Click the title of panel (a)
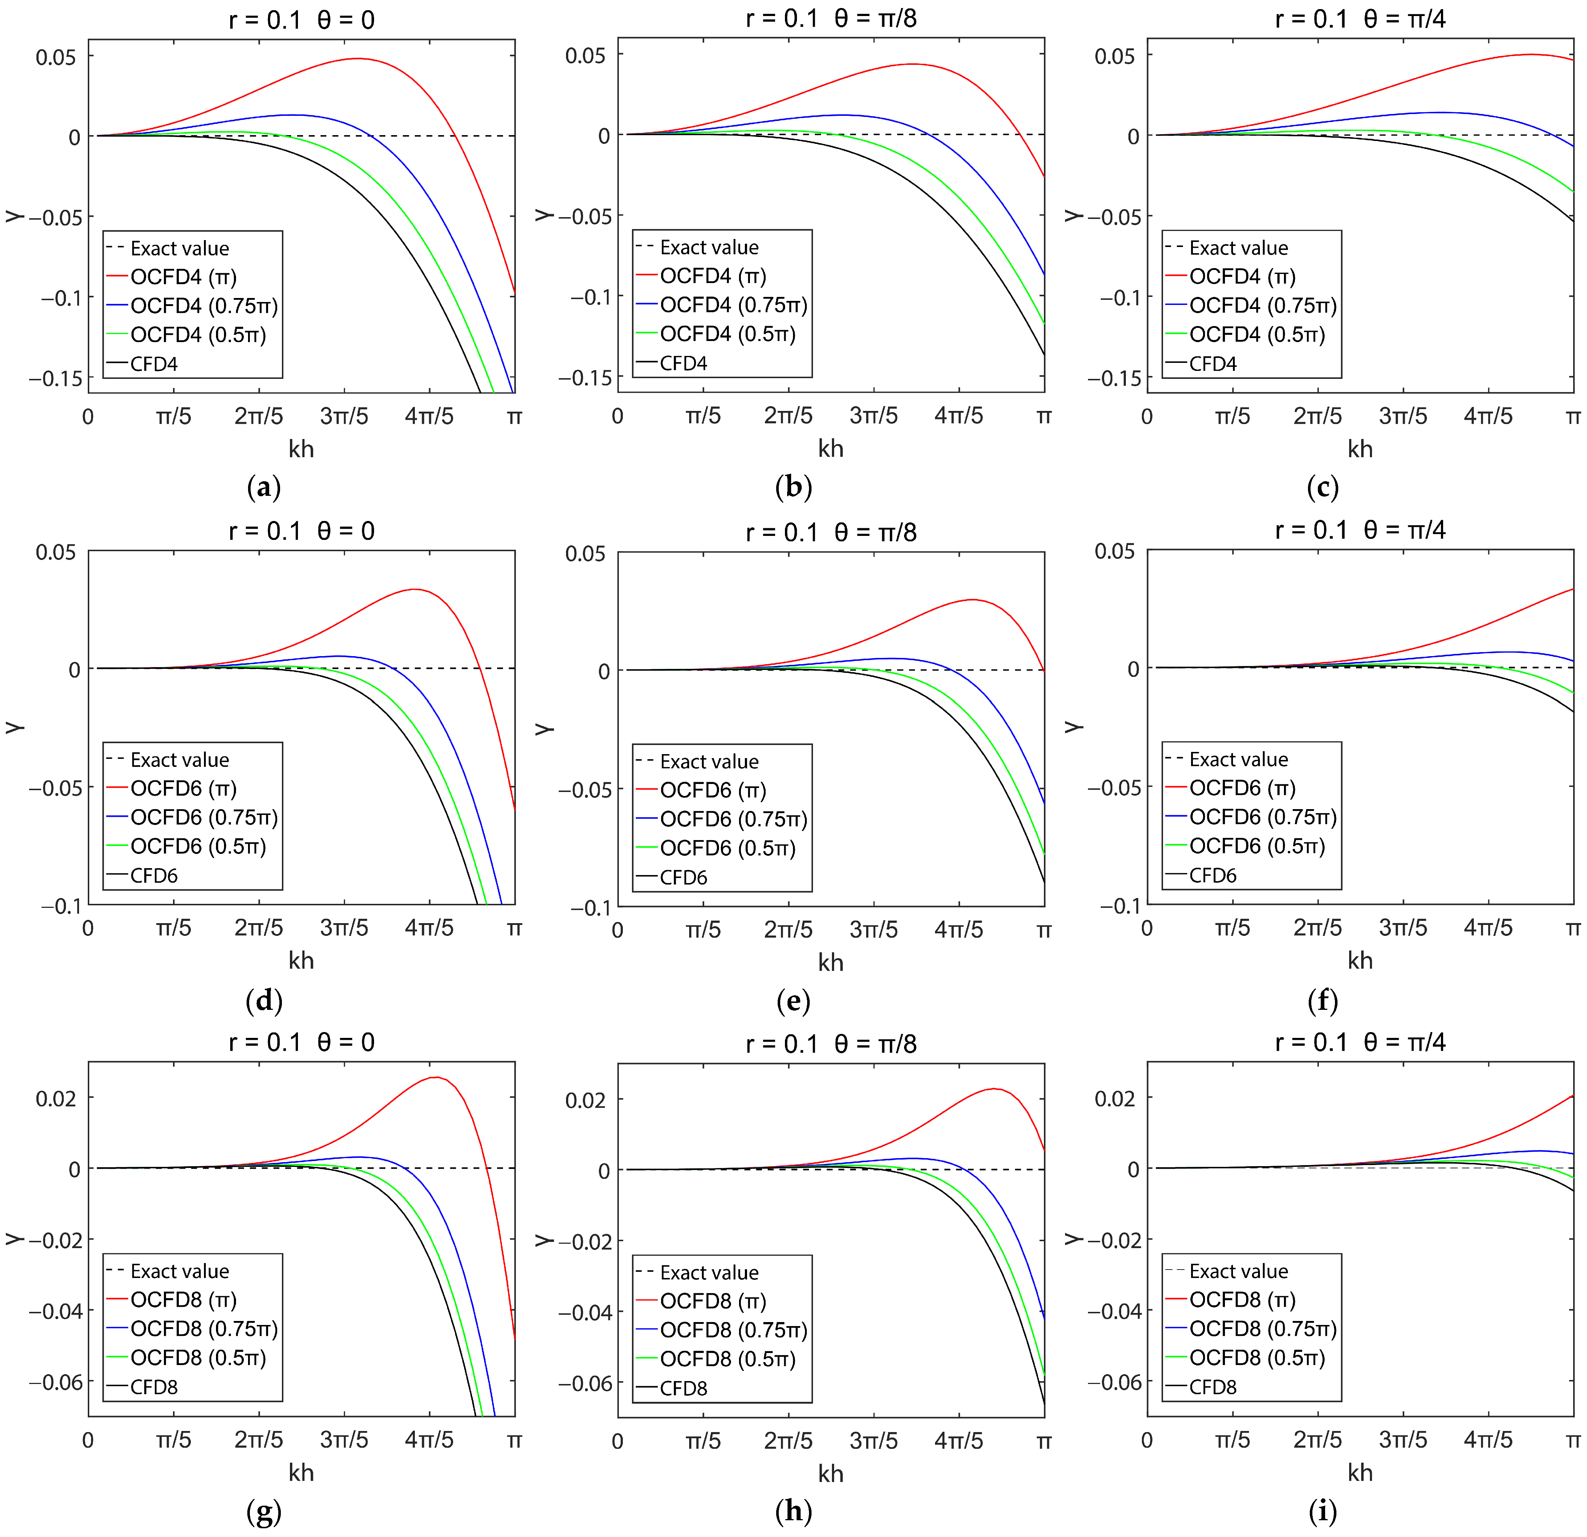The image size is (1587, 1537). point(301,19)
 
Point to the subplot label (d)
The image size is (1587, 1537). point(264,1001)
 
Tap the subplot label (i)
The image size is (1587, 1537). point(1322,1511)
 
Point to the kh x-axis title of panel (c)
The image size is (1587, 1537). point(1360,448)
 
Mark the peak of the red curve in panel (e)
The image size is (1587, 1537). point(972,600)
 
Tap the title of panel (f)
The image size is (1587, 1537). point(1360,530)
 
